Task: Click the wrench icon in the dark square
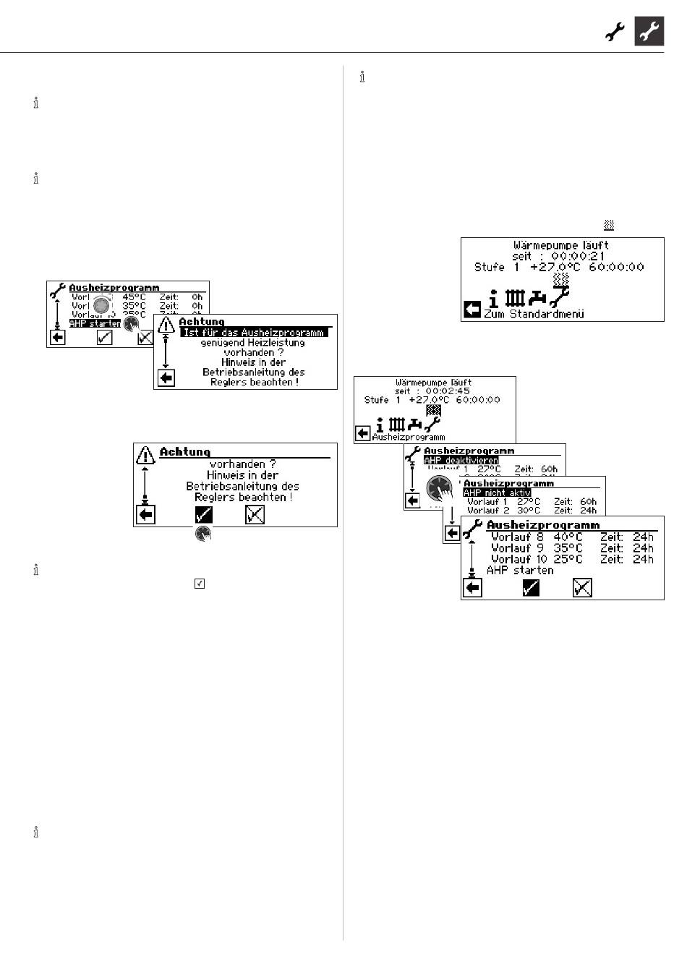click(649, 32)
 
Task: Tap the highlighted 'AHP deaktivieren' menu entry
click(461, 461)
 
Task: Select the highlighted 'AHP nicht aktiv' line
click(497, 493)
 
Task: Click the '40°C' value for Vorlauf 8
click(568, 537)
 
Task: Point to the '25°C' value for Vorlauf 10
click(568, 559)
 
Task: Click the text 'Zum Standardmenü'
click(534, 315)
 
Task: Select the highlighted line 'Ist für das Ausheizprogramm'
click(253, 333)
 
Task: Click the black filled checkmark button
click(203, 514)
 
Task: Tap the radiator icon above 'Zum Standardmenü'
click(514, 298)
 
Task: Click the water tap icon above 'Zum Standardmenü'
click(537, 298)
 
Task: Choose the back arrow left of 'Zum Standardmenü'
click(471, 310)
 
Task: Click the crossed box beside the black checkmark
click(255, 514)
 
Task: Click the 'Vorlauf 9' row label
click(516, 548)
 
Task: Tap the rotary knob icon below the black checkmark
click(203, 534)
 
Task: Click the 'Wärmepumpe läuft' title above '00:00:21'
click(561, 246)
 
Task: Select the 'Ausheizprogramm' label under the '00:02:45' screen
click(409, 437)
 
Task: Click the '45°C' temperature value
click(134, 297)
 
